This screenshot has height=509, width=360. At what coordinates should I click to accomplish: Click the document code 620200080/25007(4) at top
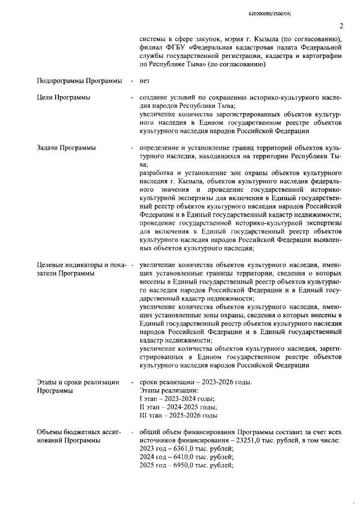pos(313,12)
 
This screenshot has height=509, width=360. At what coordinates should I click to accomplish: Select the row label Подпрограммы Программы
pos(79,82)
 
